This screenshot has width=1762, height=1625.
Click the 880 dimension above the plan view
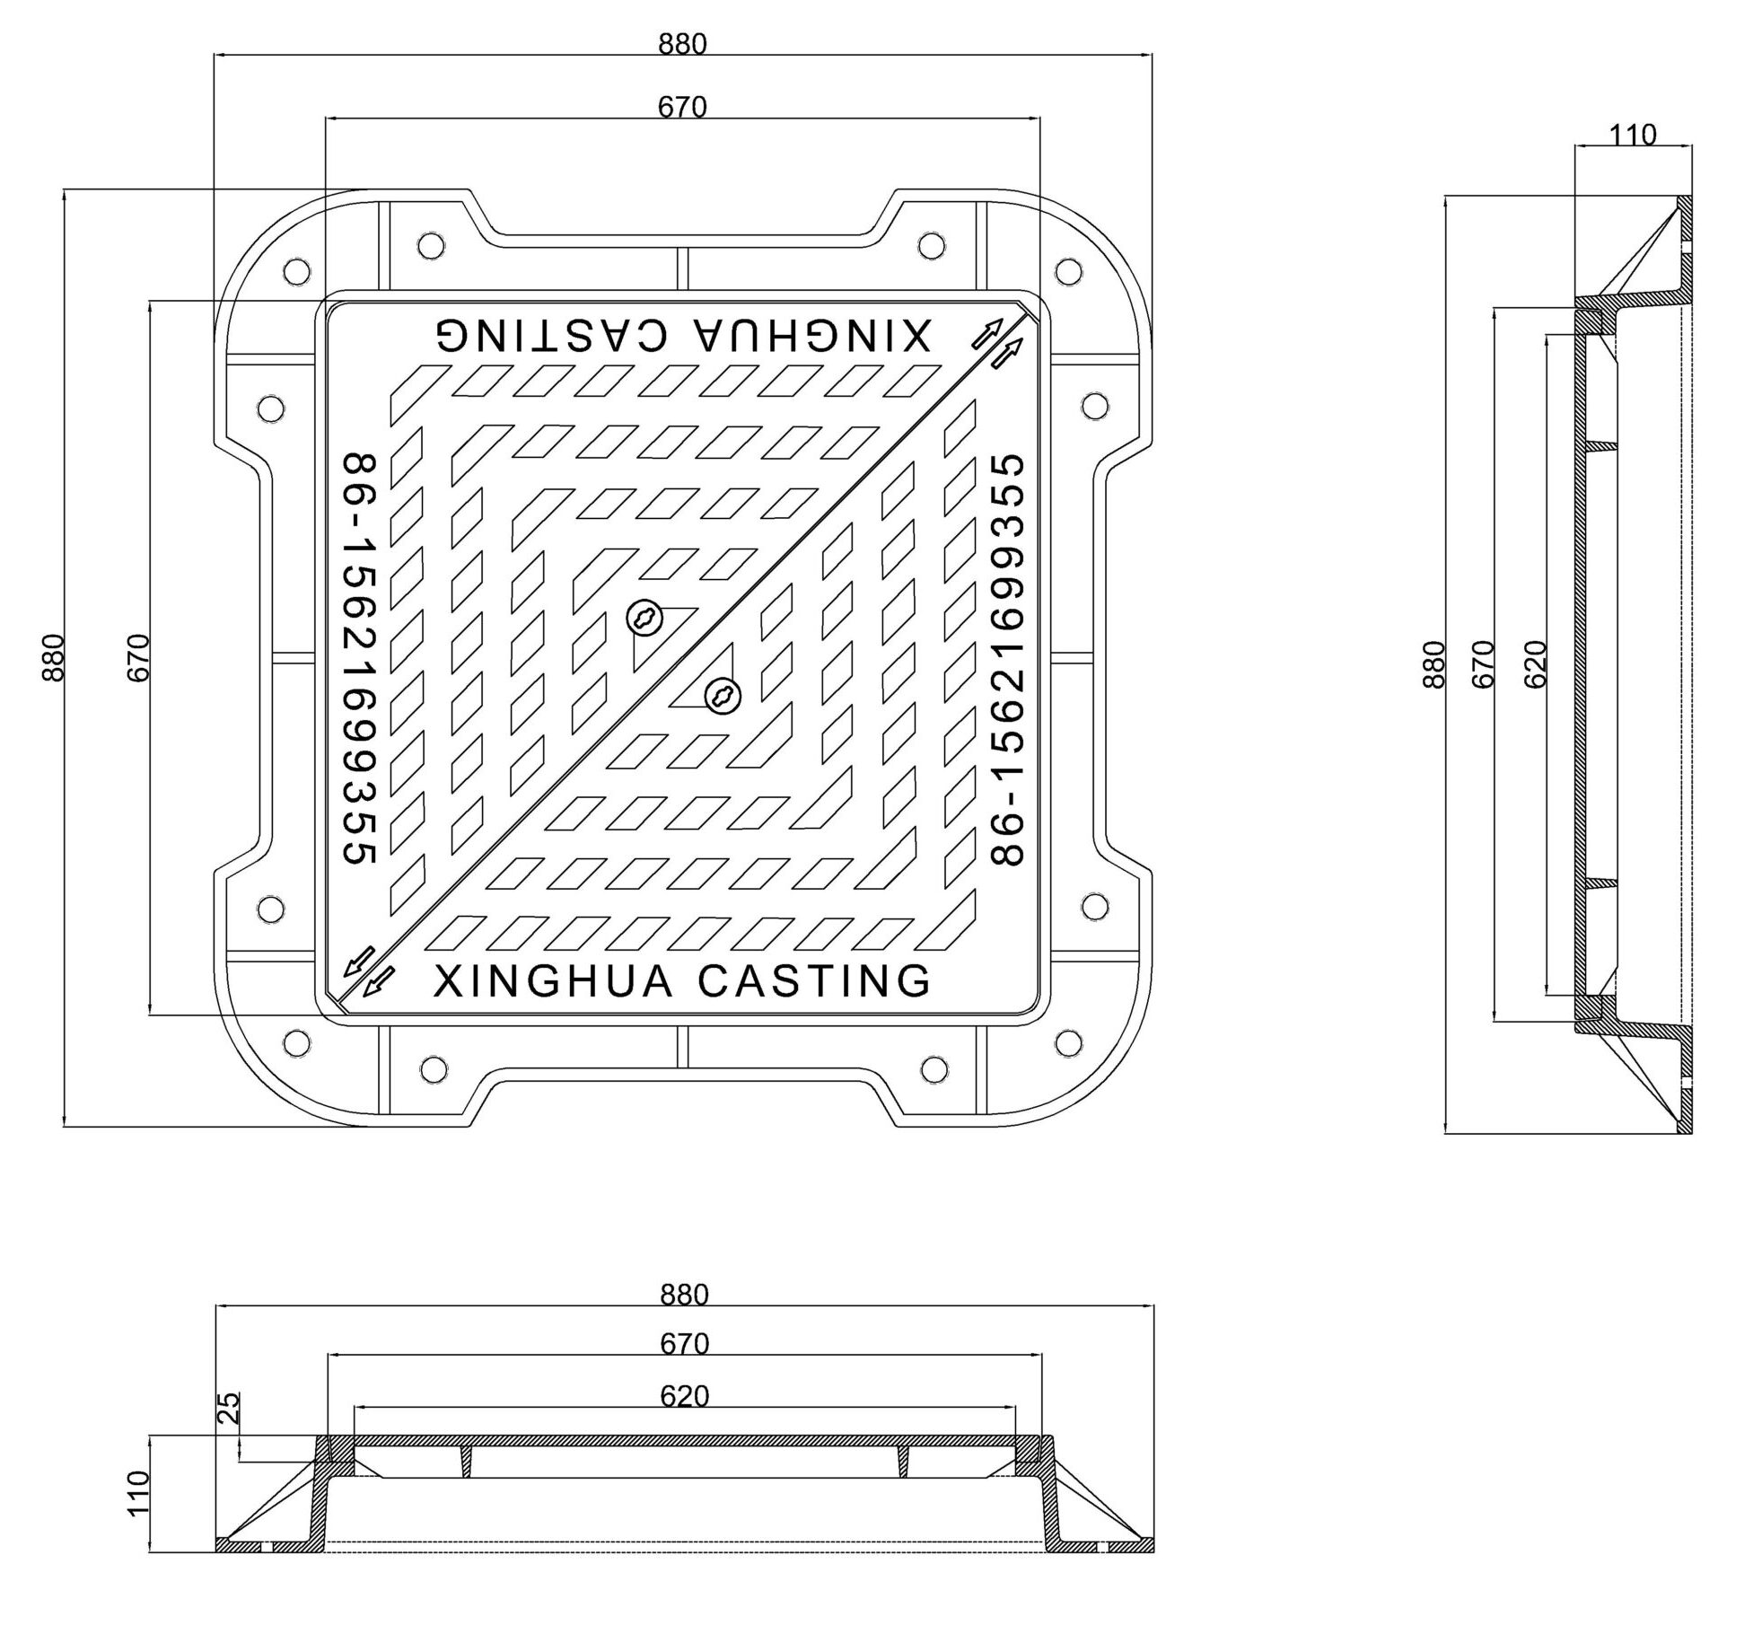click(682, 44)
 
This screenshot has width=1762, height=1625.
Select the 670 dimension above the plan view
click(682, 108)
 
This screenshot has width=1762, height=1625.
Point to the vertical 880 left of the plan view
click(54, 658)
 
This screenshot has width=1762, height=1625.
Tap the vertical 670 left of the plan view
click(137, 658)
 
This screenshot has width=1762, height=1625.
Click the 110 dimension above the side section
click(1632, 136)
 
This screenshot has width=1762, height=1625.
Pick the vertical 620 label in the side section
click(1536, 663)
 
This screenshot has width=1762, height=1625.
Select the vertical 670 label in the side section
click(1484, 663)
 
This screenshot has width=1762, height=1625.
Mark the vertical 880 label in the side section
click(1433, 663)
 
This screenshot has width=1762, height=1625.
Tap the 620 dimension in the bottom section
click(684, 1396)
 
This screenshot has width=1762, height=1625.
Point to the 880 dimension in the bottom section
click(684, 1294)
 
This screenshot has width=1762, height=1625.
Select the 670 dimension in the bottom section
click(684, 1343)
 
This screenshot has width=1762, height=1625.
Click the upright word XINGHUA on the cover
click(553, 981)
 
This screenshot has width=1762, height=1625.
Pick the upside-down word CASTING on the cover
click(552, 335)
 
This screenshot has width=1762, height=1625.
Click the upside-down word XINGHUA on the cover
click(813, 335)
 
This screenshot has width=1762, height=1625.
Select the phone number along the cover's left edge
click(359, 658)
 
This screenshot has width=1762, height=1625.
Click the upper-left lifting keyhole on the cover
click(644, 619)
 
